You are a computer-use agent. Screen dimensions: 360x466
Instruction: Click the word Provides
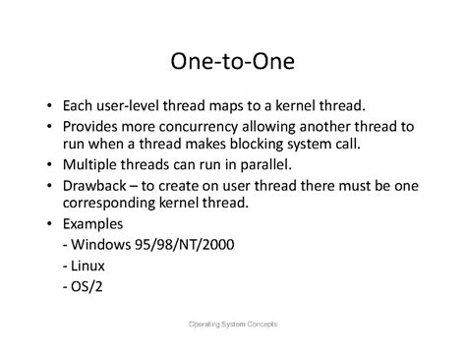[91, 126]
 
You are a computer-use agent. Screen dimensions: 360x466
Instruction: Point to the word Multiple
[91, 163]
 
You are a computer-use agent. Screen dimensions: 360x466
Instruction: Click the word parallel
[227, 163]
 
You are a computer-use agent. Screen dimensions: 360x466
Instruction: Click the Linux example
[88, 266]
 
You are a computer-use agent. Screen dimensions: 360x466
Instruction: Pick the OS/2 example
[86, 288]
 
